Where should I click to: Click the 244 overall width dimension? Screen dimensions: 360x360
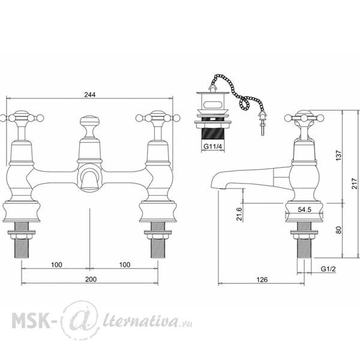click(90, 95)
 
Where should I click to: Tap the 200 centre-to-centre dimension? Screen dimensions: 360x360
click(91, 280)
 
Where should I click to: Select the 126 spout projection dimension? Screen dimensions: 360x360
click(262, 280)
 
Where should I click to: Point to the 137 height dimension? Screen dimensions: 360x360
click(338, 155)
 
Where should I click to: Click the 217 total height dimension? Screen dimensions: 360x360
click(355, 183)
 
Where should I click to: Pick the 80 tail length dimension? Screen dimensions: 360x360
click(338, 230)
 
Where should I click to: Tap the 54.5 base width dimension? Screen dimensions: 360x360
click(304, 209)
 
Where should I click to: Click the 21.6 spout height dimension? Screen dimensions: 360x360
click(239, 214)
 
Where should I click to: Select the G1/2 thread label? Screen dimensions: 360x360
click(328, 269)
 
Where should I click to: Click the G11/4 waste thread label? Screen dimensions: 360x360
click(213, 146)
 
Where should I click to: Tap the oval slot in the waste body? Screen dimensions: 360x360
click(213, 105)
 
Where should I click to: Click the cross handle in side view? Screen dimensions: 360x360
click(304, 118)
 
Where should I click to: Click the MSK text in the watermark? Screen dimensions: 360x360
click(31, 320)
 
